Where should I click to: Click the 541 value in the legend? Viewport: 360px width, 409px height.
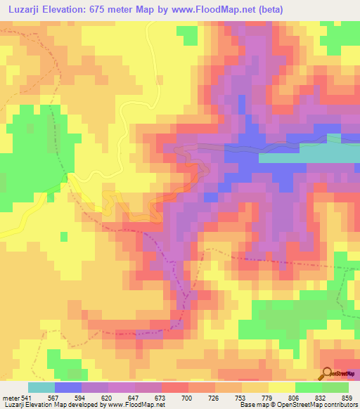pos(27,398)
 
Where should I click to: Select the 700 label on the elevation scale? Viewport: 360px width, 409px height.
pos(186,398)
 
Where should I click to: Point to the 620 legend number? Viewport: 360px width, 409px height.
pos(107,398)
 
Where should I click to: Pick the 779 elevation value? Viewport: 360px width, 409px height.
pos(266,398)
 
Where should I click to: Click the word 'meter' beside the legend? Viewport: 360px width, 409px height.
pos(11,398)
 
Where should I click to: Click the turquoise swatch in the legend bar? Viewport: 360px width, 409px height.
pos(41,387)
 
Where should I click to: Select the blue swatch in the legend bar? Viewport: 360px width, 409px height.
pos(67,387)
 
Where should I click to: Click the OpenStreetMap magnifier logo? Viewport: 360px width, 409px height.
pos(328,373)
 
